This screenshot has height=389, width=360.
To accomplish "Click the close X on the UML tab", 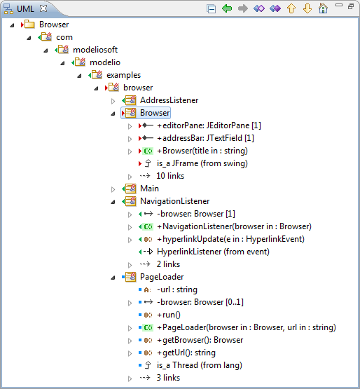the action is pos(43,8).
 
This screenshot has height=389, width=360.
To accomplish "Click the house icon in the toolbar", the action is pos(323,8).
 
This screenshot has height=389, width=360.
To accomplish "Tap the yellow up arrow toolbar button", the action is pos(291,8).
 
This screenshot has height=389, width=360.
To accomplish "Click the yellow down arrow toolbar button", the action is pos(307,8).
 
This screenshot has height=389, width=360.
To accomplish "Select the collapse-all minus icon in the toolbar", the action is pos(211,8).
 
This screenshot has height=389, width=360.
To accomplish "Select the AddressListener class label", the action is pos(169,100).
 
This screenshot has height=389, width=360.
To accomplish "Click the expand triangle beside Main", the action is pos(113,189).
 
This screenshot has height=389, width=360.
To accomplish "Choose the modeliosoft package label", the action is pos(95,50).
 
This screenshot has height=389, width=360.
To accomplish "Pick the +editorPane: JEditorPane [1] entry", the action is pos(209,125).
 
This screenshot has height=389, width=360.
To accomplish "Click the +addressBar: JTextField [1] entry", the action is pos(205,138).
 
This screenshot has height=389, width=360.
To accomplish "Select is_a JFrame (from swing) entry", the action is pos(202,163).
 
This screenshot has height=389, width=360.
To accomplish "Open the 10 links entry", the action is pos(170,176).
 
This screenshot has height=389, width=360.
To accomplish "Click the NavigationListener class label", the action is pos(175,201).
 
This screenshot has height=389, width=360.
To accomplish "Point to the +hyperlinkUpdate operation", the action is pos(230,239).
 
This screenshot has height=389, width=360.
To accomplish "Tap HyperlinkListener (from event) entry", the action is pos(213,252).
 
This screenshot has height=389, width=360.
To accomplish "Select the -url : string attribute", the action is pos(177,289).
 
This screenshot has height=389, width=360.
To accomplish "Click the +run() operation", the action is pos(169,315).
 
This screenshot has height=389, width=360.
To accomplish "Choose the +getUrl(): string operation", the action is pos(186,353).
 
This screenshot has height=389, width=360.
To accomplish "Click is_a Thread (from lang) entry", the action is pos(200,365).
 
